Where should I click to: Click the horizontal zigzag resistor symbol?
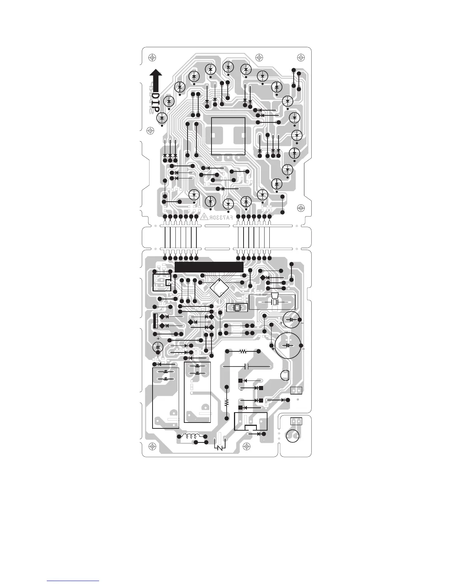pyautogui.click(x=243, y=352)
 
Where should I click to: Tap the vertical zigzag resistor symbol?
pyautogui.click(x=227, y=402)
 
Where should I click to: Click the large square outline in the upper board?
pyautogui.click(x=228, y=136)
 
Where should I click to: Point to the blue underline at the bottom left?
pyautogui.click(x=73, y=581)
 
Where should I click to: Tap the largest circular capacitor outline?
pyautogui.click(x=289, y=345)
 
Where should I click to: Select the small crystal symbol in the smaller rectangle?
pyautogui.click(x=237, y=307)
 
